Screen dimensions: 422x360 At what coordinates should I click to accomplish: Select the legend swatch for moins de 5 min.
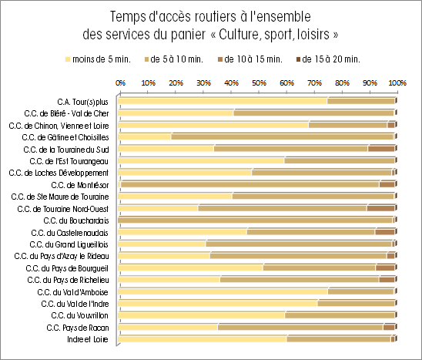click(x=68, y=59)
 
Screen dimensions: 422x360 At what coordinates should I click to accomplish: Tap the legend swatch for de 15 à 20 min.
click(x=298, y=59)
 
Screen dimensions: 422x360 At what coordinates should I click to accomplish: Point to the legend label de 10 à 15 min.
click(x=253, y=59)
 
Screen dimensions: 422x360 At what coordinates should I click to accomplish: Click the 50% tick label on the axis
click(x=259, y=82)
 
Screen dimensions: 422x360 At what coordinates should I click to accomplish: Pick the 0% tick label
click(x=120, y=82)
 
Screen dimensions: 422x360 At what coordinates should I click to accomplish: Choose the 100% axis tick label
click(x=397, y=82)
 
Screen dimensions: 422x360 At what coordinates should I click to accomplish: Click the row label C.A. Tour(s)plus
click(x=82, y=102)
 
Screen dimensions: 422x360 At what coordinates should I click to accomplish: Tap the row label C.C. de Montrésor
click(x=80, y=185)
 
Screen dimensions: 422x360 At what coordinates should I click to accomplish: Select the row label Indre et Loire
click(x=88, y=339)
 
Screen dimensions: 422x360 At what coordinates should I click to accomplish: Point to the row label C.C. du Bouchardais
click(x=76, y=220)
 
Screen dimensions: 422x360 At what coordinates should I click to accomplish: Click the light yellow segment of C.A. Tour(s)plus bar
click(x=223, y=101)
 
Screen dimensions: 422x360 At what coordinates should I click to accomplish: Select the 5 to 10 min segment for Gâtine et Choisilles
click(x=283, y=137)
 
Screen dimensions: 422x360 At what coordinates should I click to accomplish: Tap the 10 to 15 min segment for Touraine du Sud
click(x=381, y=149)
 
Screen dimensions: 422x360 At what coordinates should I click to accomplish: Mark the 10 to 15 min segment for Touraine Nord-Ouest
click(x=381, y=208)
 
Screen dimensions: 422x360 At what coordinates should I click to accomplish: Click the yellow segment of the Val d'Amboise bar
click(x=223, y=291)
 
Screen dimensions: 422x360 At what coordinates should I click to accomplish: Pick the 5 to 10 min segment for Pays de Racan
click(x=300, y=328)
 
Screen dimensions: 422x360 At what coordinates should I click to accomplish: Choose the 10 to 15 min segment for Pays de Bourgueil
click(x=385, y=267)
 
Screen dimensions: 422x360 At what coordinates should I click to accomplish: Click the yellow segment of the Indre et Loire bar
click(x=202, y=339)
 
